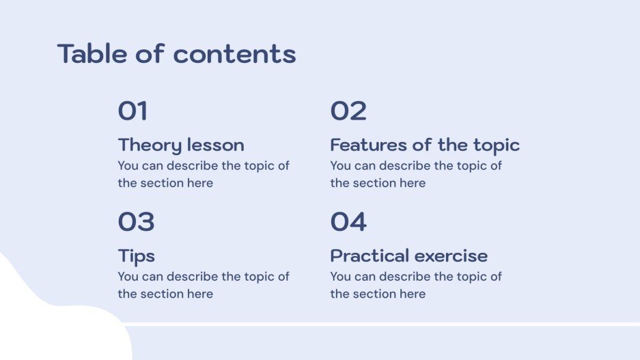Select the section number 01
point(133,111)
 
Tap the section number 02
point(348,111)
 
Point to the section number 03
point(136,222)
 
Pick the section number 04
point(348,222)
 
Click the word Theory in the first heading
point(150,146)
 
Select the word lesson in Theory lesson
point(215,146)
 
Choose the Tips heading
point(136,256)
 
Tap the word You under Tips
point(128,277)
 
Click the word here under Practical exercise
point(413,294)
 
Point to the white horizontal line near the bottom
point(382,324)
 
